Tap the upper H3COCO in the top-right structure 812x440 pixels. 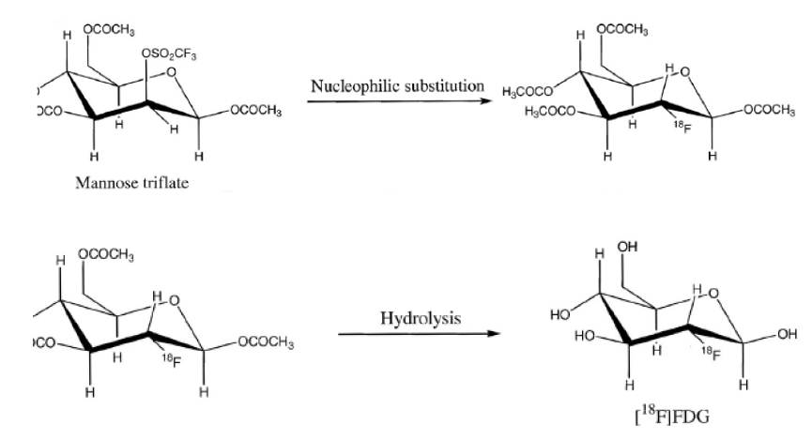[x=529, y=91]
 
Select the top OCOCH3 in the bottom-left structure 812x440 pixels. [x=106, y=254]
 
